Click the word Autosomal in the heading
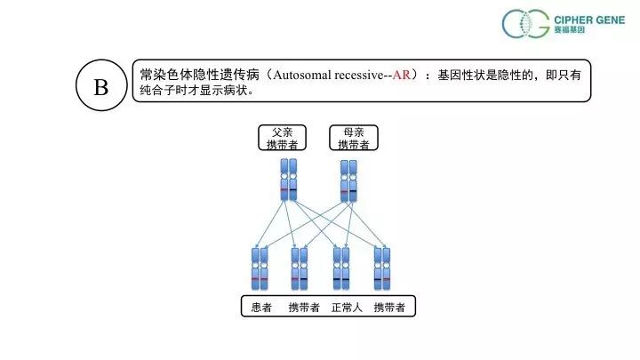coord(302,76)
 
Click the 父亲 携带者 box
coord(282,138)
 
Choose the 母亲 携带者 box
coord(354,138)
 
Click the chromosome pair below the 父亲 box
coord(288,180)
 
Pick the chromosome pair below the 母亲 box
coord(348,180)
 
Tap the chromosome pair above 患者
coord(259,268)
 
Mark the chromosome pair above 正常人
coord(341,268)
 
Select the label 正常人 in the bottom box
coord(348,308)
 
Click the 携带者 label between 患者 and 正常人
coord(303,308)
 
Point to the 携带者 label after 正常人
coord(390,308)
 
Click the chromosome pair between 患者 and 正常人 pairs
coord(300,268)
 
